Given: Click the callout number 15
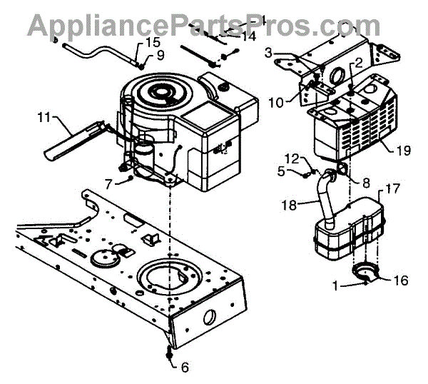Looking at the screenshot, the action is coord(153,43).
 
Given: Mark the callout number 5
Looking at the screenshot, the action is coord(281,171).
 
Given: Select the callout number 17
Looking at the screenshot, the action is coord(371,190).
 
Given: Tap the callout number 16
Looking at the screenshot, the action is coord(401,281).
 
